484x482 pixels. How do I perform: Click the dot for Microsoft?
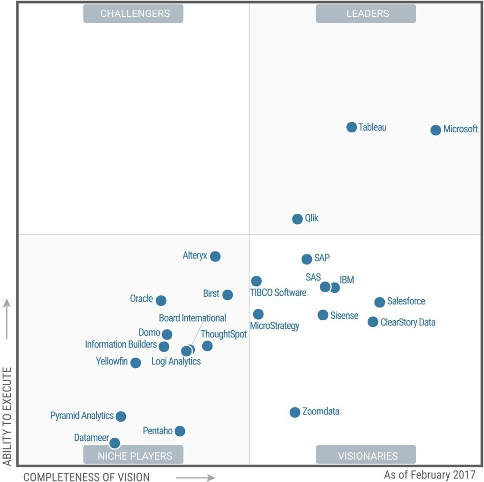[x=436, y=130]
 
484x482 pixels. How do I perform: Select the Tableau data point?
[x=352, y=127]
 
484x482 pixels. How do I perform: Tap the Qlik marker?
[x=298, y=219]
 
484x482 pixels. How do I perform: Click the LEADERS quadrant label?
[x=366, y=14]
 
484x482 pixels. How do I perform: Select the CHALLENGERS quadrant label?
[x=133, y=14]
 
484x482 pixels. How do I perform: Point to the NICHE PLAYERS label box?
[x=133, y=455]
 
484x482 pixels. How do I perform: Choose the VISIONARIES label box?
[x=366, y=455]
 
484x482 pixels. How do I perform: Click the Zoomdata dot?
[x=295, y=412]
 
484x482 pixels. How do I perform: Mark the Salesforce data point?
[x=380, y=302]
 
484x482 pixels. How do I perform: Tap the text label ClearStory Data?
[x=408, y=322]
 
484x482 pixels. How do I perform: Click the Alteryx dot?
[x=216, y=256]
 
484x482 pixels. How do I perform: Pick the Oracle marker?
[x=161, y=300]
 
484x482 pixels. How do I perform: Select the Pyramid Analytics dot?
[x=121, y=416]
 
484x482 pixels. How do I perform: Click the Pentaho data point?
[x=180, y=431]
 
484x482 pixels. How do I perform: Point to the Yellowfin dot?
[x=136, y=363]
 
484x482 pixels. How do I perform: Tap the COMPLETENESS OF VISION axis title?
[x=87, y=477]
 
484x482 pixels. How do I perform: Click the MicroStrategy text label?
[x=275, y=326]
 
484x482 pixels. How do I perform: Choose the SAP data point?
[x=307, y=259]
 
